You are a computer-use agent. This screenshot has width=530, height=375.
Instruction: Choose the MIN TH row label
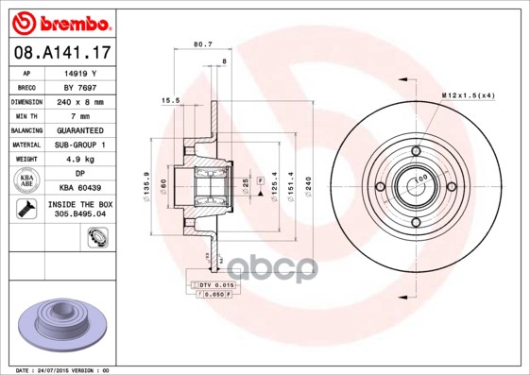(x=26, y=115)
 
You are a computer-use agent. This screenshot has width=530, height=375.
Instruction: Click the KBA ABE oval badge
(x=26, y=180)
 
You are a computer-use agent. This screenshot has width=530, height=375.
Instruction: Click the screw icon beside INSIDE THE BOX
(x=26, y=209)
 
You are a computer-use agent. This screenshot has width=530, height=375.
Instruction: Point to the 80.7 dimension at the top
(x=202, y=43)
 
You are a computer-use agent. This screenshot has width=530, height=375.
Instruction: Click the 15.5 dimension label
(x=170, y=100)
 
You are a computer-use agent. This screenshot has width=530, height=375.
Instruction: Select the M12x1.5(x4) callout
(x=467, y=96)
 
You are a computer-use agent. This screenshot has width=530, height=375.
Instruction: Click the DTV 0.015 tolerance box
(x=214, y=283)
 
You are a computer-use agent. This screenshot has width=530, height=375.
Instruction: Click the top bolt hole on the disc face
(x=417, y=151)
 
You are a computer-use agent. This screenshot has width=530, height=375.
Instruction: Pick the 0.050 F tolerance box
(x=214, y=294)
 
